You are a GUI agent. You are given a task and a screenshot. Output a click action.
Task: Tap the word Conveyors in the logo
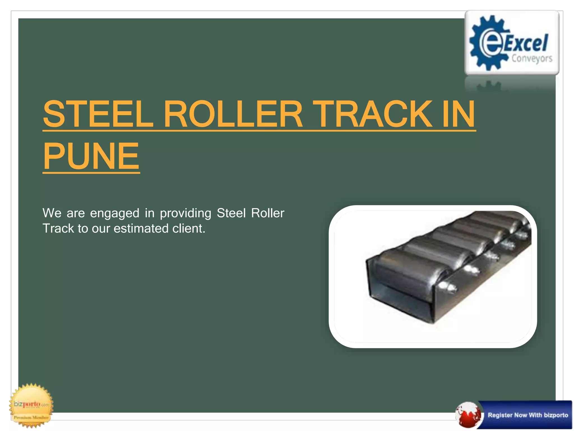pos(532,59)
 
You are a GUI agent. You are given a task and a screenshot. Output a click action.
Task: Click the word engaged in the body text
pos(115,214)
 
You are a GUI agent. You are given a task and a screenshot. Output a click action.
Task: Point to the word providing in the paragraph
pos(186,214)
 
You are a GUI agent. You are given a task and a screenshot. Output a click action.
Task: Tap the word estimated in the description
pos(141,229)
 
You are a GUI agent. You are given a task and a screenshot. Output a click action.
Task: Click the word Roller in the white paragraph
pos(268,213)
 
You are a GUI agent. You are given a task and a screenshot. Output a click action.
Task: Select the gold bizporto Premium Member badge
pos(32,405)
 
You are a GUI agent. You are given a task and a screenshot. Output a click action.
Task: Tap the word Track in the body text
pos(58,229)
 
